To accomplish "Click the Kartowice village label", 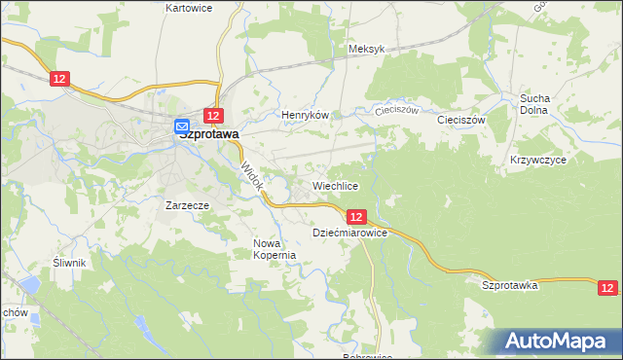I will click(189, 7).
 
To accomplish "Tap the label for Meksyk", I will click(367, 49).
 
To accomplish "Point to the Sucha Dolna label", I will click(534, 104).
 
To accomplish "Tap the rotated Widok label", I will click(251, 174).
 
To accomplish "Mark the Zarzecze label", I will click(189, 205).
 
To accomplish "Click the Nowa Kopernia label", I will click(274, 249).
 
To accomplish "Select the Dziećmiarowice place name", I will click(350, 234).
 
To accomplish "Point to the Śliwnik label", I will click(71, 263).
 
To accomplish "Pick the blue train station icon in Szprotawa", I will click(182, 126).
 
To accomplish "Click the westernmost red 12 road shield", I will click(60, 79).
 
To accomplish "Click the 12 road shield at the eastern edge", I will click(607, 287).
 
